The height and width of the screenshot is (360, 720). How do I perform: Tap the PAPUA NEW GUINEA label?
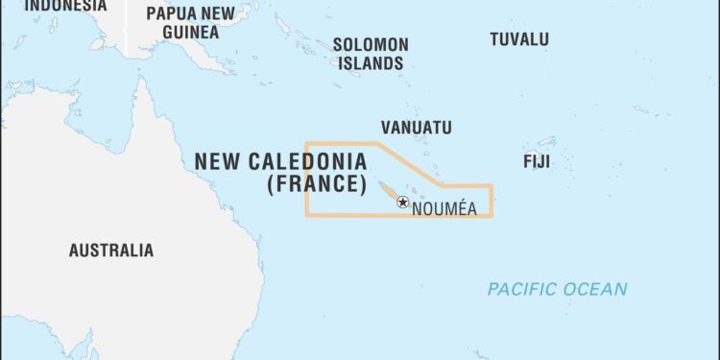click(x=189, y=22)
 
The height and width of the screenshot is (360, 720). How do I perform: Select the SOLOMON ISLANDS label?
click(x=370, y=54)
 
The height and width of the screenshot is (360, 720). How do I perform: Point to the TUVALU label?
click(x=519, y=39)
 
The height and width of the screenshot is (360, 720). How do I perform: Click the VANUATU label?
click(x=416, y=127)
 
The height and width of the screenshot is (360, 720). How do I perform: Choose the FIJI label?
click(x=536, y=160)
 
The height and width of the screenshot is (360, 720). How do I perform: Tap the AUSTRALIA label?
click(x=110, y=251)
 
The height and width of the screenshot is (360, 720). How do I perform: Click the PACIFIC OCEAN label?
click(x=557, y=289)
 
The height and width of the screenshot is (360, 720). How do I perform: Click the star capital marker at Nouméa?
click(x=403, y=203)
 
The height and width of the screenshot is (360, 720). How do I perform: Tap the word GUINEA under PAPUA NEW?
click(x=189, y=32)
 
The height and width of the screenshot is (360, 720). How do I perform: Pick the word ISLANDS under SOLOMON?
click(x=370, y=63)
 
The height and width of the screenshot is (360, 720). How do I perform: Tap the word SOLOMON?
click(x=371, y=44)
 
